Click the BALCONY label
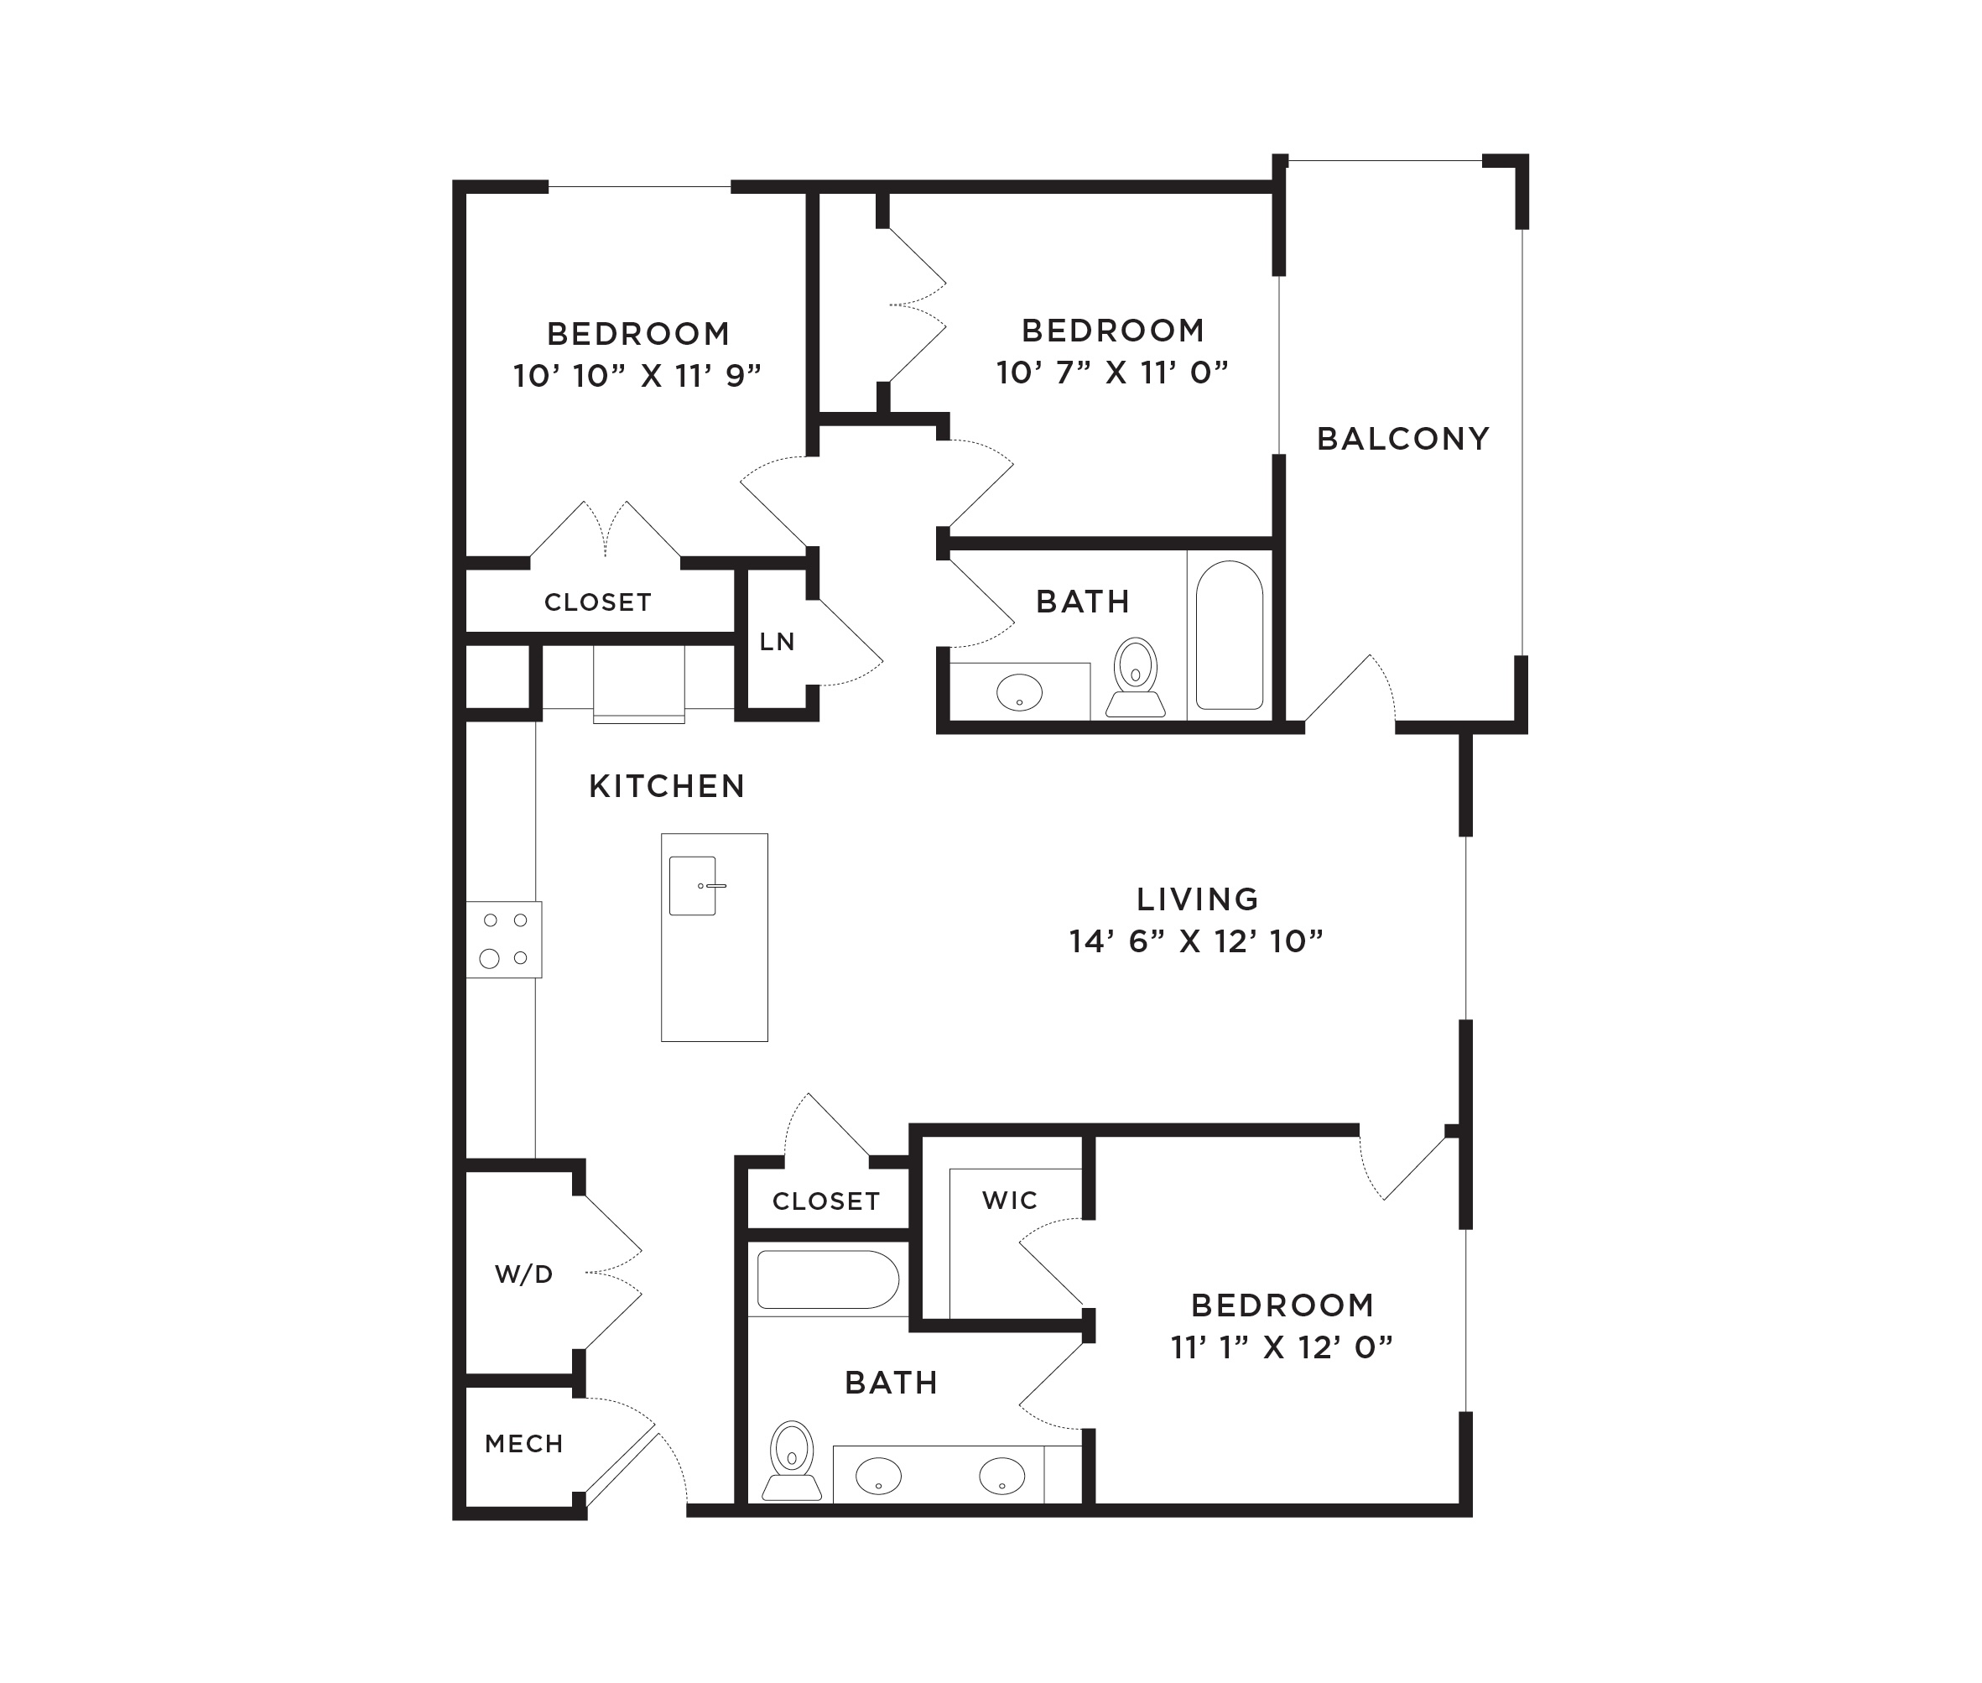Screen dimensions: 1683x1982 [x=1402, y=439]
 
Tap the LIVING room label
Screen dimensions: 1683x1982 [x=1197, y=899]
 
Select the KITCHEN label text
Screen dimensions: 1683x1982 [x=667, y=786]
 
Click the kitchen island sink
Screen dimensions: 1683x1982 [x=694, y=885]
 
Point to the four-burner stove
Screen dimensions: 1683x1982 [x=503, y=939]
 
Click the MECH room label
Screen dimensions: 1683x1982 [x=523, y=1444]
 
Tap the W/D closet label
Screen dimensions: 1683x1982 [x=523, y=1274]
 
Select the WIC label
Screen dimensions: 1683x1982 [x=1009, y=1201]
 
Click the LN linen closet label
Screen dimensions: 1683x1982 [x=777, y=642]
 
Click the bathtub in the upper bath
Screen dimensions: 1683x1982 [x=1230, y=634]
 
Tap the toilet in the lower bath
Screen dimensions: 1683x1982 [x=792, y=1460]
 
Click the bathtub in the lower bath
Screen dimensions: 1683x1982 [x=828, y=1279]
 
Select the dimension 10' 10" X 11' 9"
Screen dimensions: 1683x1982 [x=637, y=376]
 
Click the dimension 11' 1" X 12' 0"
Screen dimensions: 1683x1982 [x=1282, y=1347]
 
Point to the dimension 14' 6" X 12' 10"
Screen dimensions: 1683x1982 [x=1196, y=941]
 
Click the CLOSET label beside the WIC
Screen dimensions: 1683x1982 [x=826, y=1201]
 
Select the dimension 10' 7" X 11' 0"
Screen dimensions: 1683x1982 [x=1112, y=373]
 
